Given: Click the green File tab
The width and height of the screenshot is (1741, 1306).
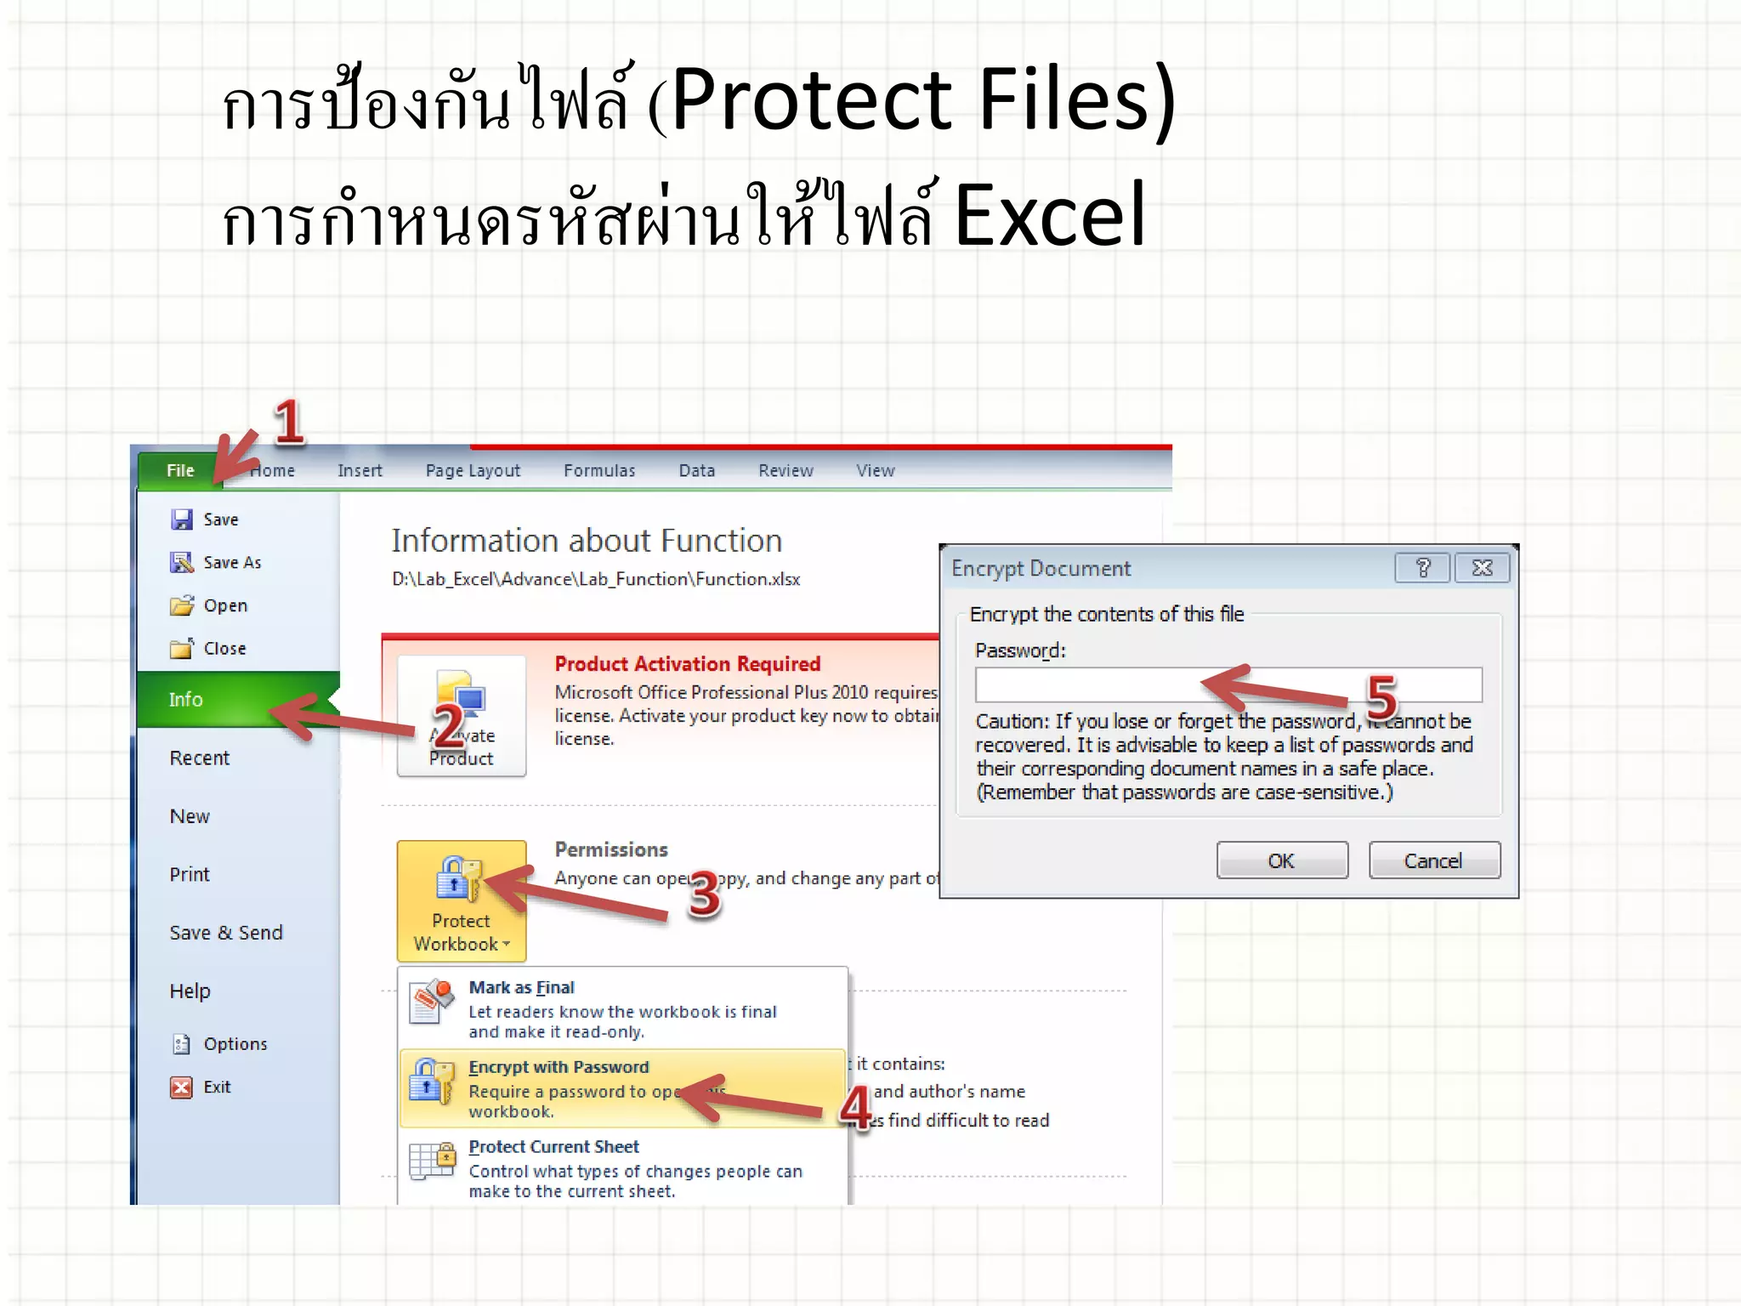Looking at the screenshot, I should pyautogui.click(x=180, y=471).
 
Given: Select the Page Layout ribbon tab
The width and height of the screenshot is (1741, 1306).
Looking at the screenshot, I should pyautogui.click(x=473, y=471).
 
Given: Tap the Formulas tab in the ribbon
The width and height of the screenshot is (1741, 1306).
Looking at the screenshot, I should pyautogui.click(x=599, y=471).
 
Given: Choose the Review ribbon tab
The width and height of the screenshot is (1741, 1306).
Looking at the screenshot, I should pyautogui.click(x=785, y=471).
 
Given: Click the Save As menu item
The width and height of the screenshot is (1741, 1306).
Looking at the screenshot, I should pyautogui.click(x=231, y=563).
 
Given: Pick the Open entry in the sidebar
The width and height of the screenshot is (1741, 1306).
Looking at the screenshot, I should pyautogui.click(x=224, y=606).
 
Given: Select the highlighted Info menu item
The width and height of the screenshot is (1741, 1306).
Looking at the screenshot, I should pyautogui.click(x=185, y=700).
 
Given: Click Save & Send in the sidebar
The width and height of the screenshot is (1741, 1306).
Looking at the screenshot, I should pyautogui.click(x=226, y=933).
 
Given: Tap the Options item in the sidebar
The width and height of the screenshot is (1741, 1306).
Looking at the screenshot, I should pyautogui.click(x=235, y=1044).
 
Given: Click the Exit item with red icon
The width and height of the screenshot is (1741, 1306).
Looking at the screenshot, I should pyautogui.click(x=216, y=1087).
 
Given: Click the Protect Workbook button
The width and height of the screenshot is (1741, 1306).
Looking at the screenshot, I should pyautogui.click(x=461, y=901).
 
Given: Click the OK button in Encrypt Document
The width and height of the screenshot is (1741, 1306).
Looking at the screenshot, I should pyautogui.click(x=1281, y=860).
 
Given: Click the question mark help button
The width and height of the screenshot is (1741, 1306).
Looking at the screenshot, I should pyautogui.click(x=1422, y=568).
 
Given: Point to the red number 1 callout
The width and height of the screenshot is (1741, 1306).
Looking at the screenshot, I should pyautogui.click(x=289, y=423).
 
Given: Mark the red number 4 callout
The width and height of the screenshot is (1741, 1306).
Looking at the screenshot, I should pyautogui.click(x=856, y=1108).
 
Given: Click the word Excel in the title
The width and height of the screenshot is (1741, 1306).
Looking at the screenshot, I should pyautogui.click(x=1050, y=216).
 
